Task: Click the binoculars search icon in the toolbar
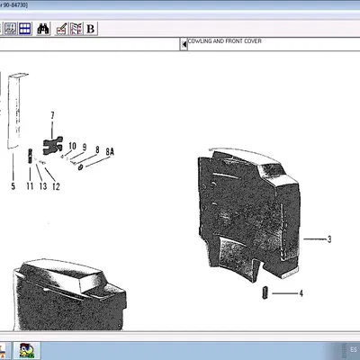[42, 29]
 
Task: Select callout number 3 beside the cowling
[329, 239]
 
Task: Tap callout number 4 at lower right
[301, 293]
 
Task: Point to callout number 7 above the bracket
[52, 115]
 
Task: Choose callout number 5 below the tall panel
[13, 187]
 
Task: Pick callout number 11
[29, 187]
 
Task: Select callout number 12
[56, 187]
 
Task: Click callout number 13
[42, 187]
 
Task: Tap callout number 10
[72, 146]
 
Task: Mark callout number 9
[85, 148]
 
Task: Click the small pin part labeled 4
[266, 292]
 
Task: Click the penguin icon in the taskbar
[27, 350]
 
